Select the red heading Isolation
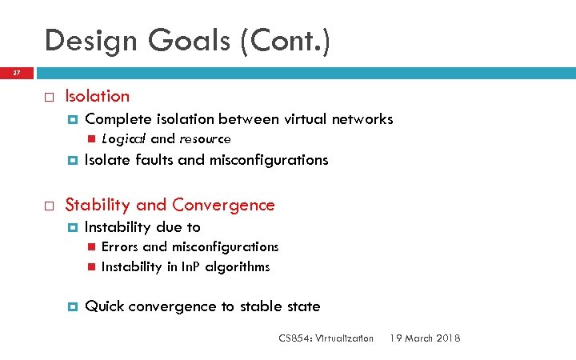(97, 96)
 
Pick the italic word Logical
(123, 139)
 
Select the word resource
(205, 139)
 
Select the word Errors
(120, 247)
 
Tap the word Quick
(104, 306)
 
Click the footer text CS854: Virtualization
(326, 338)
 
